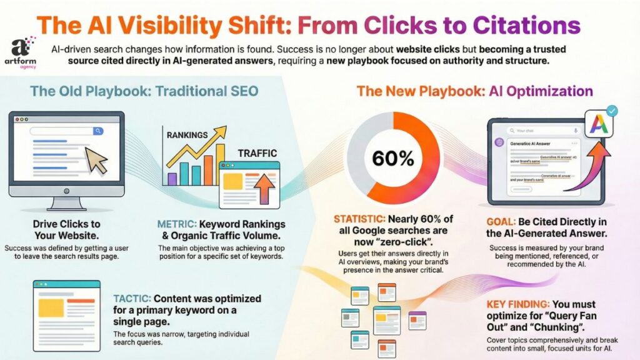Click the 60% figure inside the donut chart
click(x=392, y=159)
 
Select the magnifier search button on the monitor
click(x=98, y=131)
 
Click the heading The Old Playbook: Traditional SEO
click(x=144, y=91)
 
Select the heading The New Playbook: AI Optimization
click(x=474, y=91)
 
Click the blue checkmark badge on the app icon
click(x=612, y=111)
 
